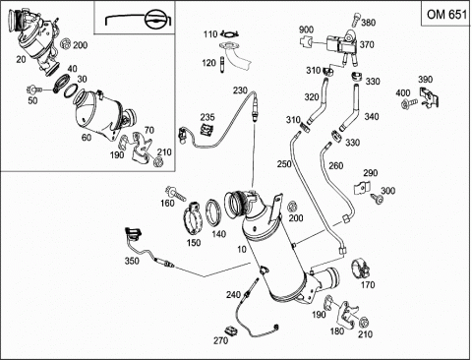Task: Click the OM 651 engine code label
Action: pos(446,15)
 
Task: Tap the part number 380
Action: pos(369,23)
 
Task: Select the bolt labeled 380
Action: pos(356,20)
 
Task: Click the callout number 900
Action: pos(306,30)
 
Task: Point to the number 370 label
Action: pos(367,44)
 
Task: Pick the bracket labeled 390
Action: pos(429,97)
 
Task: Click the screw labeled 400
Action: pos(408,103)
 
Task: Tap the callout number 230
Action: pos(240,90)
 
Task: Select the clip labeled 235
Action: pos(207,130)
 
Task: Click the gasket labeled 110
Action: pos(229,32)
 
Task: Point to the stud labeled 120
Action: pos(222,64)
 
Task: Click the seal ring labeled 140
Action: pos(214,212)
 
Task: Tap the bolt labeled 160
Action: pos(175,193)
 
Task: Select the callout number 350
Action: pos(132,261)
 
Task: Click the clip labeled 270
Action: pos(231,330)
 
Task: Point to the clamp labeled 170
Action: pos(361,269)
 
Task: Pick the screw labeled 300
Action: pos(377,199)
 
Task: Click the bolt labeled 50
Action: pos(34,90)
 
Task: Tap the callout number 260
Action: pos(336,165)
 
